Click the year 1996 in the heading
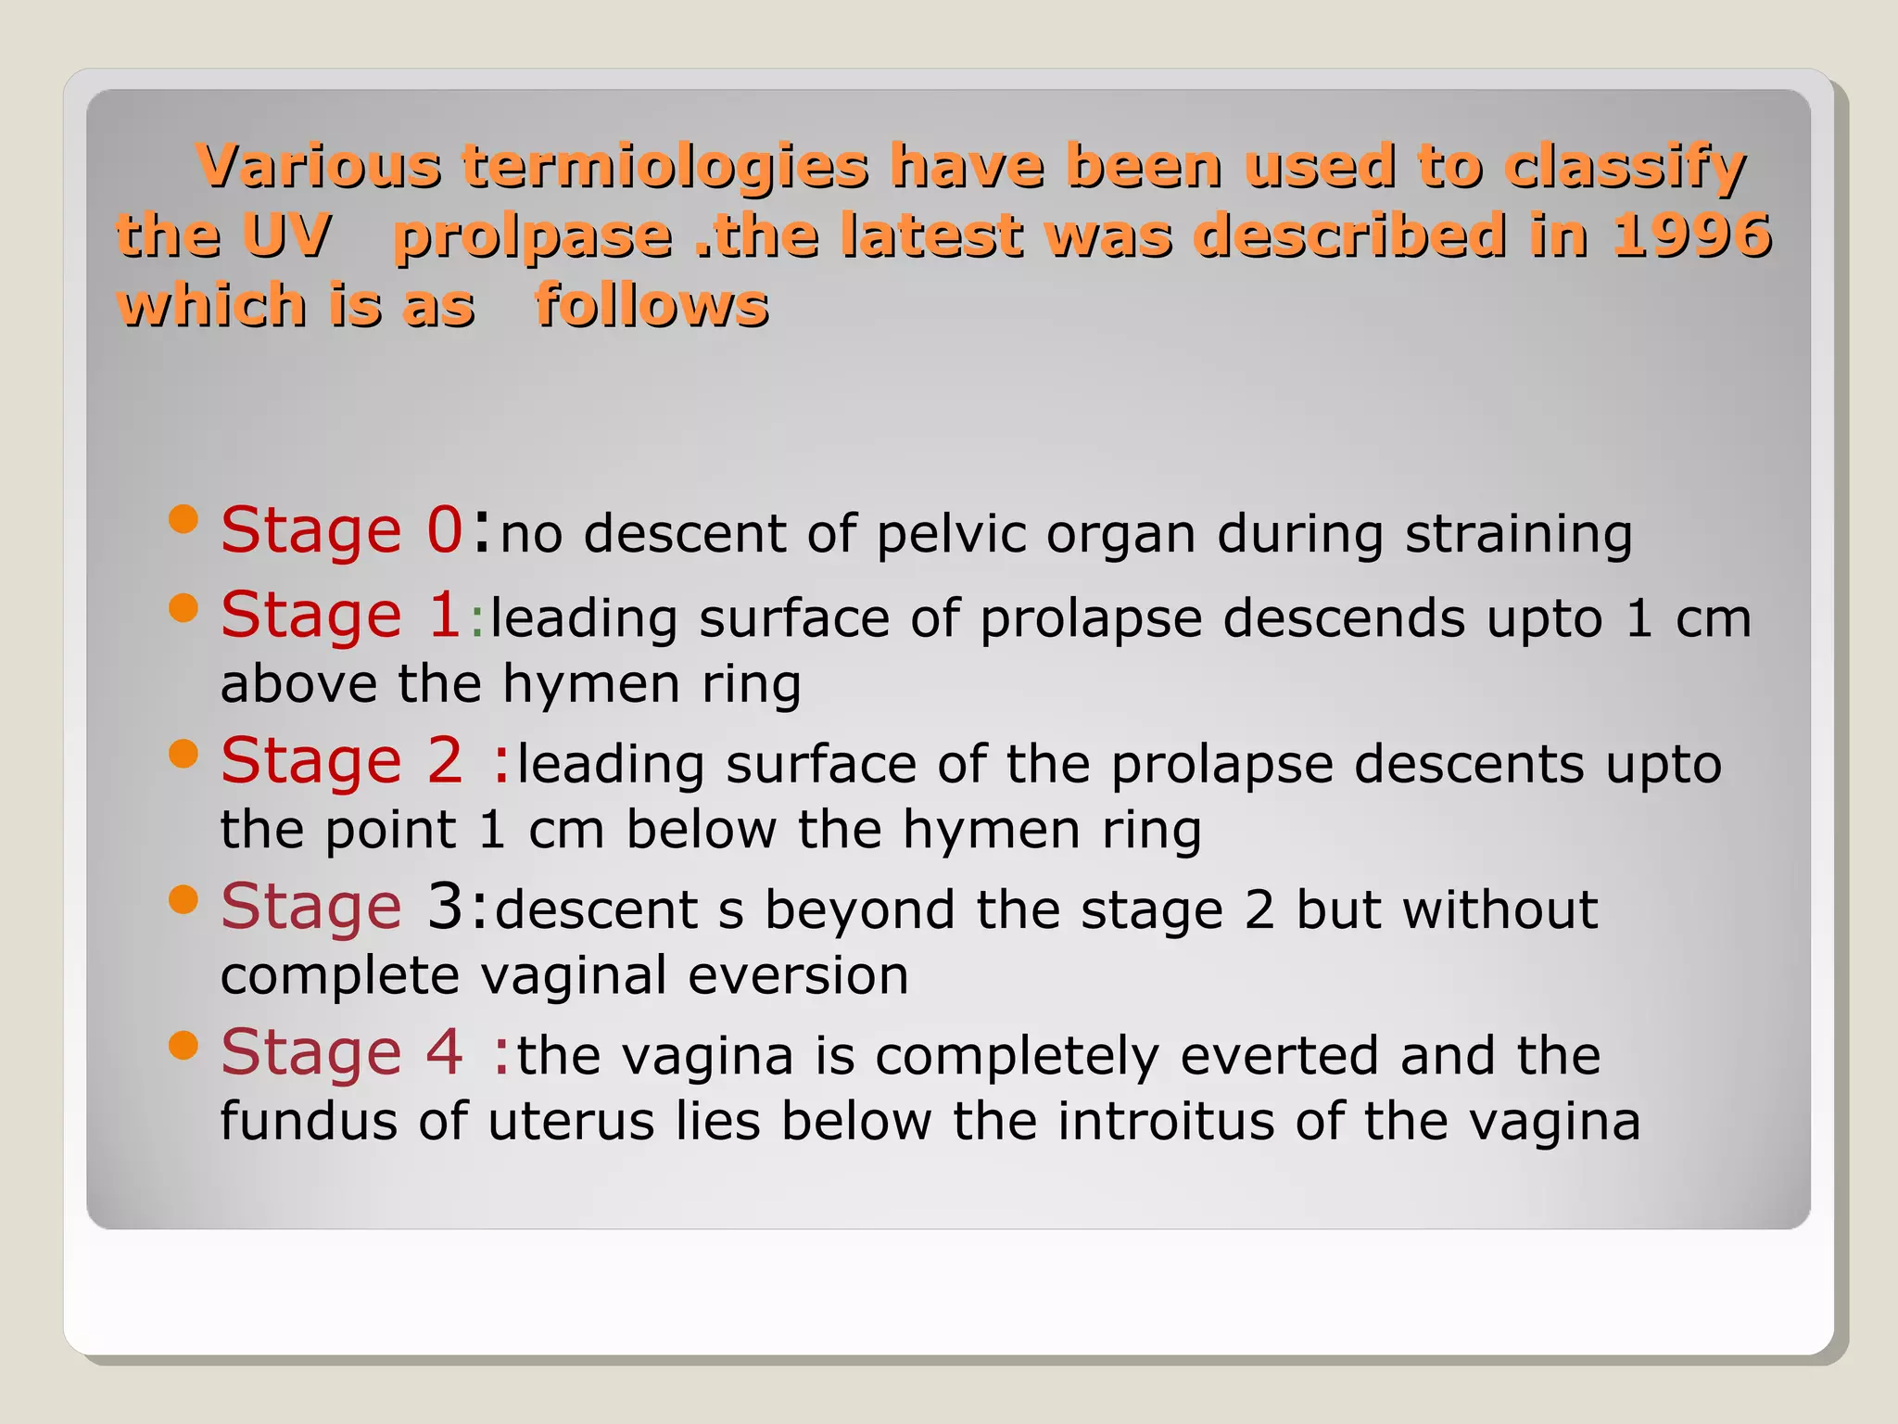[x=1691, y=235]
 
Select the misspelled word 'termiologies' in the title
[x=665, y=167]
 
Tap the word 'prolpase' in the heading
[x=533, y=236]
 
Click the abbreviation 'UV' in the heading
[x=287, y=235]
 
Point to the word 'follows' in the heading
[x=652, y=305]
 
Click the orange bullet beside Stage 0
[x=184, y=519]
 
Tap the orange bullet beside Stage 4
[x=184, y=1045]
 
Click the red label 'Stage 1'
[x=340, y=616]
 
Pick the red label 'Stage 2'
[x=341, y=762]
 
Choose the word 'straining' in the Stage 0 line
[x=1518, y=535]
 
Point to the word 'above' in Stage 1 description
[x=298, y=684]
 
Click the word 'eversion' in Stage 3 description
[x=798, y=975]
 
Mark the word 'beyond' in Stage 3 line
[x=860, y=909]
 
